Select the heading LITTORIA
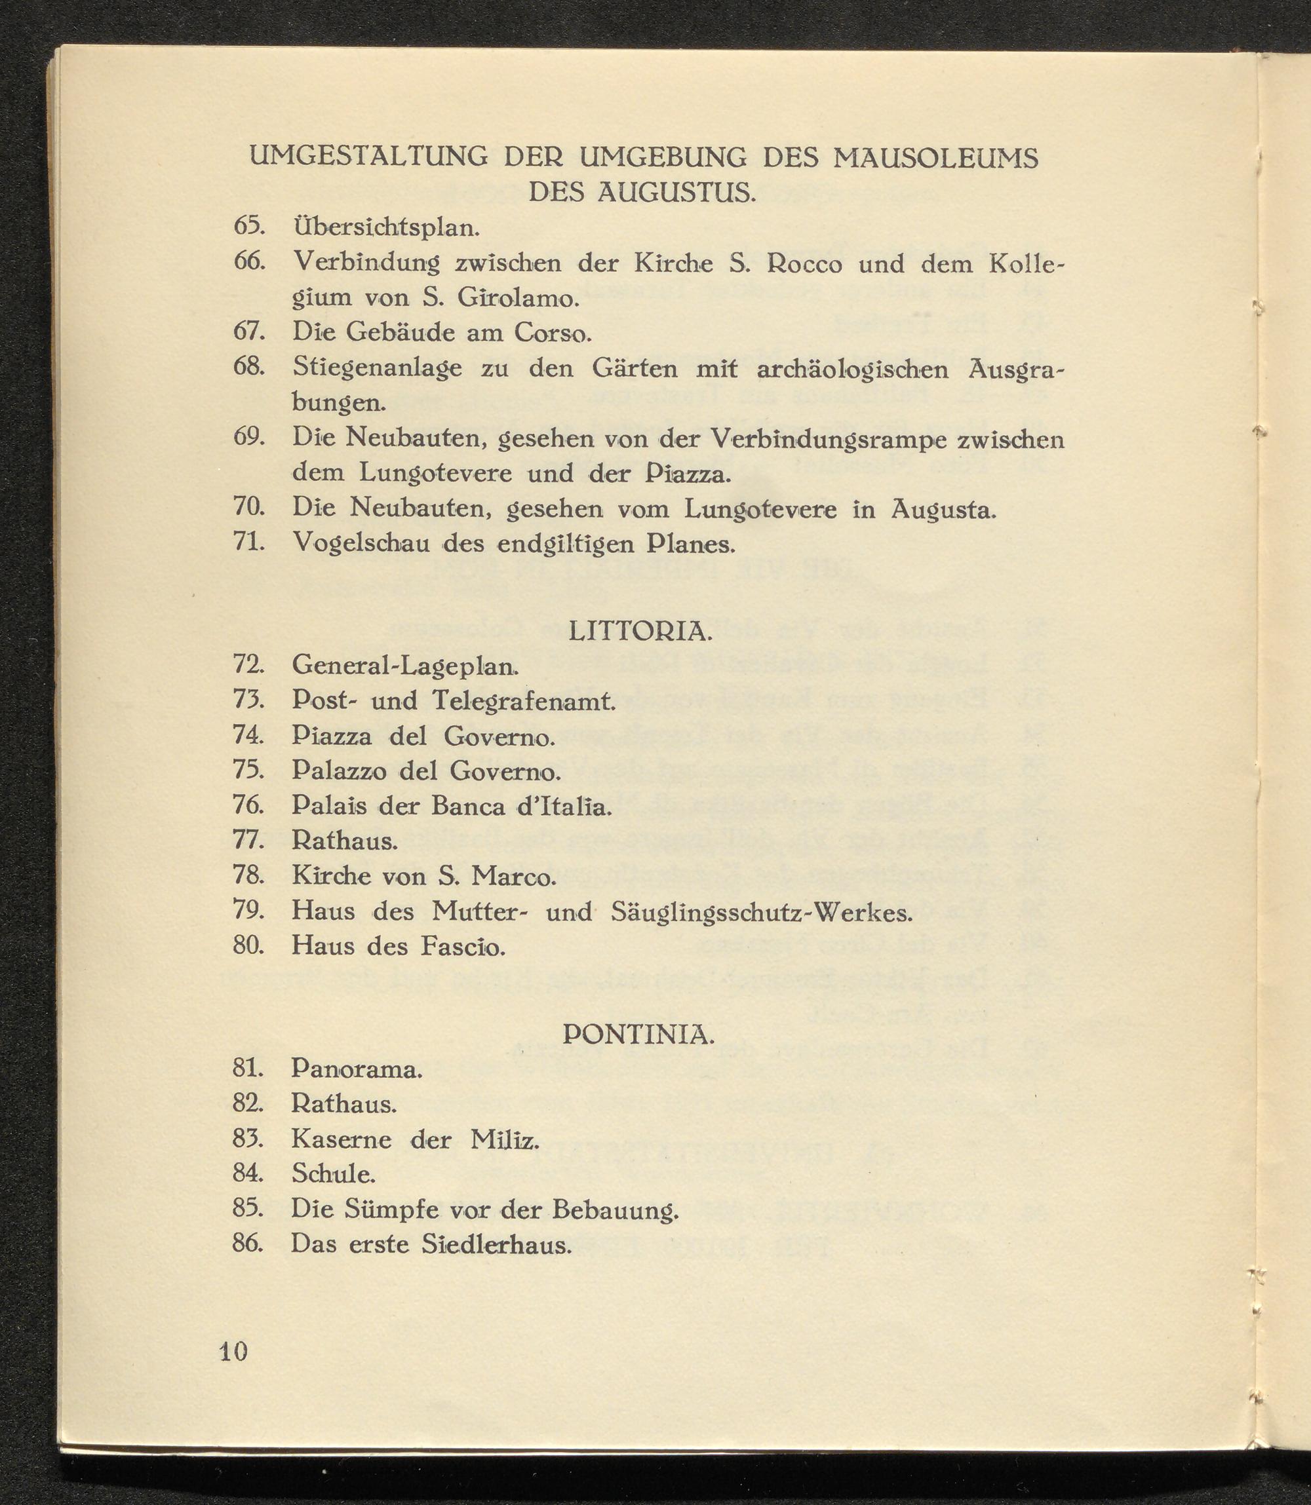pos(640,631)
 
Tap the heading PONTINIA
pos(638,1033)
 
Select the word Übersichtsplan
pos(385,227)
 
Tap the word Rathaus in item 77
pos(345,841)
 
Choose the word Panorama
pos(357,1069)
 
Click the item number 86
pos(247,1244)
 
